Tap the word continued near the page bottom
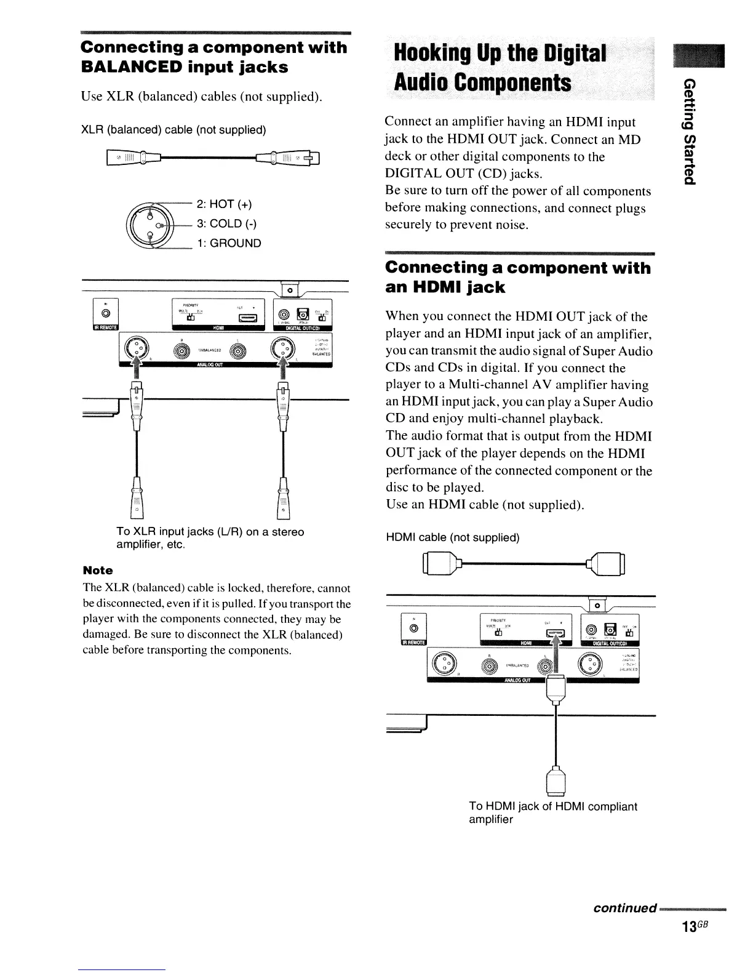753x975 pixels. [x=624, y=909]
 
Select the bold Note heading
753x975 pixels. [x=97, y=571]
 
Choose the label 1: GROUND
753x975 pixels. [x=229, y=243]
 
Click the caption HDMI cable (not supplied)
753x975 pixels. [x=452, y=537]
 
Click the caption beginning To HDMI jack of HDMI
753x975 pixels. [x=552, y=812]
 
